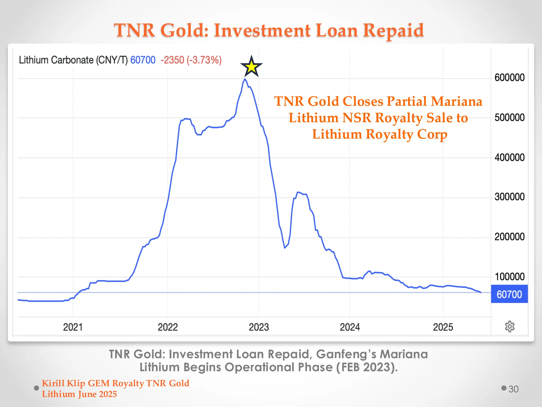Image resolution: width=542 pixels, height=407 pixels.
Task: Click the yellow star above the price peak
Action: [251, 67]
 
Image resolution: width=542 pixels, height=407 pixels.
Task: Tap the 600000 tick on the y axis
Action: [509, 78]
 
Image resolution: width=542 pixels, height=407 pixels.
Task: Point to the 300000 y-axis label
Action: [509, 197]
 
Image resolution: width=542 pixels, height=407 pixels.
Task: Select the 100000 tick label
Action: [509, 277]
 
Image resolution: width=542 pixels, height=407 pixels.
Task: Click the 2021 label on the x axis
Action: [73, 327]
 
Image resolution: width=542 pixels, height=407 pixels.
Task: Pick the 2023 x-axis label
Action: [259, 327]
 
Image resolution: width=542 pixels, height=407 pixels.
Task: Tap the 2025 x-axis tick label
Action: [443, 327]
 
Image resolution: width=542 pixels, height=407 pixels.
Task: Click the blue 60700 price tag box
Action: [509, 294]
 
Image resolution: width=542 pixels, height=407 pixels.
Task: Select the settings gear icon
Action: [509, 326]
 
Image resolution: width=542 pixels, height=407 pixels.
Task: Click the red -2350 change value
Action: [172, 60]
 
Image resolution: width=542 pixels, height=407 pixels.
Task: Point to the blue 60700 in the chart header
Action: [143, 60]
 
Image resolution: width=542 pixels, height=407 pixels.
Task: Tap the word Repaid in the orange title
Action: [393, 30]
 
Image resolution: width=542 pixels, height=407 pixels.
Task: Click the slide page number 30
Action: [513, 389]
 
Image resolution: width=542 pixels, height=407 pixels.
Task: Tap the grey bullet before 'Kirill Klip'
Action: [37, 388]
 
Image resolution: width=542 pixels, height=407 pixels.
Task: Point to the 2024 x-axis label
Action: [350, 327]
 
